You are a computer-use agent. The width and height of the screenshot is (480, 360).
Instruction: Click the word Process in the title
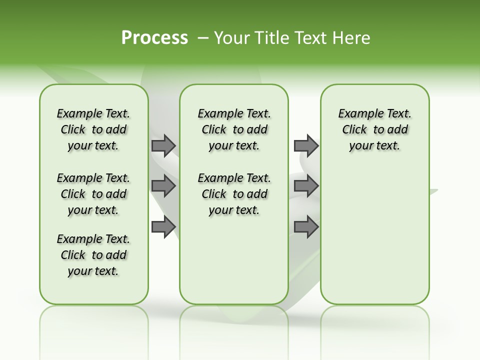154,38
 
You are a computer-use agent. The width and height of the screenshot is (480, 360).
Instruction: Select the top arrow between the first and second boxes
163,145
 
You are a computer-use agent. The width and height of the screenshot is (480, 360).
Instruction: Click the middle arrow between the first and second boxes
163,186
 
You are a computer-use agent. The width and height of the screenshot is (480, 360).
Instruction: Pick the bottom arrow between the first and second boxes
163,227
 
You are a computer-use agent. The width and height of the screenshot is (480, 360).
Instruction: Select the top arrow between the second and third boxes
306,145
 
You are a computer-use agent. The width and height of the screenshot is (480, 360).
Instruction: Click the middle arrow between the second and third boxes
306,186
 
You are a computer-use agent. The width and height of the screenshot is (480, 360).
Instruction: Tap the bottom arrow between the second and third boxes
306,227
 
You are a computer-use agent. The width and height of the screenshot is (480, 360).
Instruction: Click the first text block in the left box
93,129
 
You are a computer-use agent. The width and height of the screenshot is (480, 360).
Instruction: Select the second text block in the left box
93,194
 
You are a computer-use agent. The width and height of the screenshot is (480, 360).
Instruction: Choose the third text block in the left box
93,255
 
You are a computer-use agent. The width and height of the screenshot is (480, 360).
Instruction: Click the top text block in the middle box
234,129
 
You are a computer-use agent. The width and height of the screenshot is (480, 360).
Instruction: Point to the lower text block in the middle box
234,194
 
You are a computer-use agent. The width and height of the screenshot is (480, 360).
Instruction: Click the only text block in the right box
374,129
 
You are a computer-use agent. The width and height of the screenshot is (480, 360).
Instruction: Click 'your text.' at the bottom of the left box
93,271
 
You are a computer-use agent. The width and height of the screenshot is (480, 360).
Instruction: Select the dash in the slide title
203,38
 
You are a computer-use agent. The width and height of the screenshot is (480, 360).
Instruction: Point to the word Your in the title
229,38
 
